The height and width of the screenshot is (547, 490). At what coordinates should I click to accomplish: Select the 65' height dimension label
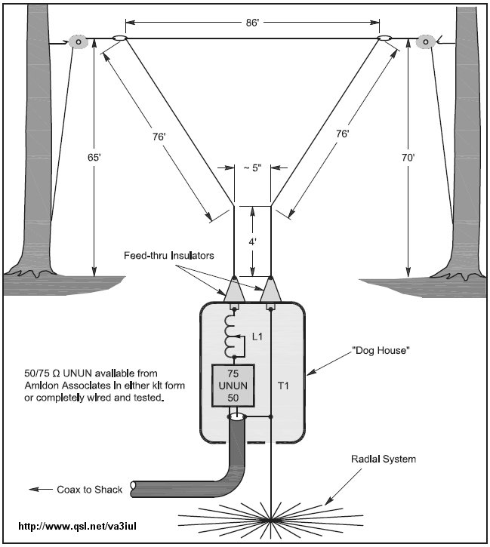click(94, 161)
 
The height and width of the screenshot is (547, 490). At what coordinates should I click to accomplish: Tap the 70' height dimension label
click(408, 161)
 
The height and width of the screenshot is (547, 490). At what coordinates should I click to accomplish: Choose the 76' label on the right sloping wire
click(343, 134)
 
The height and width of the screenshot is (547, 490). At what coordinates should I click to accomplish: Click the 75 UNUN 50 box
click(232, 386)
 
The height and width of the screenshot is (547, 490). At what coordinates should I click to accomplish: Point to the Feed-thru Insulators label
click(169, 256)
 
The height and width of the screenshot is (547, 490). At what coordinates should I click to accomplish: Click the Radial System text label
click(383, 459)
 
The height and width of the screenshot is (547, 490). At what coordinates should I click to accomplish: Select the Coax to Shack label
click(85, 489)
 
